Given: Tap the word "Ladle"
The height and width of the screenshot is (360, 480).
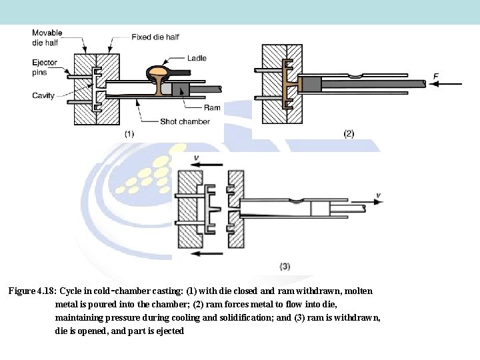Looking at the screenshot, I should pos(197,57).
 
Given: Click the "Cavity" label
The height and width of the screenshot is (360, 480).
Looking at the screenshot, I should pos(43,95).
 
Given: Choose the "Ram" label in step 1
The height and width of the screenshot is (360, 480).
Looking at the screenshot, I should pos(212,107).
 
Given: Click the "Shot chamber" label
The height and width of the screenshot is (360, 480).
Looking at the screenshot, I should pos(185,121).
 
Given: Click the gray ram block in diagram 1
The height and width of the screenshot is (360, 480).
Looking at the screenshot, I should pos(179,90).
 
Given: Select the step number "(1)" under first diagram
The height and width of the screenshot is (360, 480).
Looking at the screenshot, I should pos(129,133).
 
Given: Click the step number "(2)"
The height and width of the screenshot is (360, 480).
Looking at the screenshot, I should pos(349,133).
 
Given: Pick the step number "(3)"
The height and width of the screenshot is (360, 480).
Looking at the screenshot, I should pos(284,266).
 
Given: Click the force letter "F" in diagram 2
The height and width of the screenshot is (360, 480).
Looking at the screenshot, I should pos(435,77).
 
